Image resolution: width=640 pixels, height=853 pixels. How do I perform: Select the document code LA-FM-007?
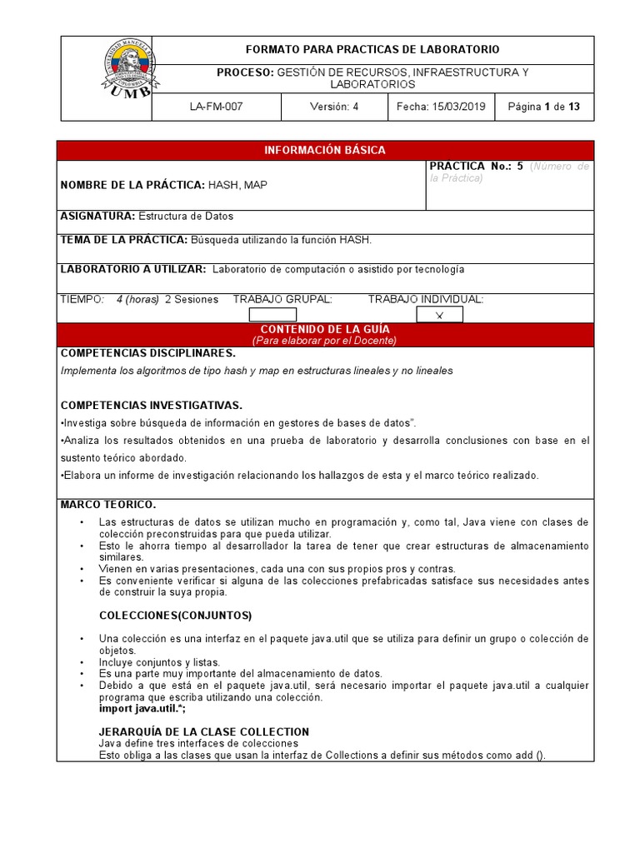click(216, 107)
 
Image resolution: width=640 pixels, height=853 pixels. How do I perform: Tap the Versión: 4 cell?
click(334, 107)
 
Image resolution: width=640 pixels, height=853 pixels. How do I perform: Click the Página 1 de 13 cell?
click(543, 107)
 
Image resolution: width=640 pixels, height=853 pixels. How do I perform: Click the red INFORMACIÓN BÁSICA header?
click(325, 151)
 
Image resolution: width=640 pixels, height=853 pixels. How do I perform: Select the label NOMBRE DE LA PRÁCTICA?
click(132, 185)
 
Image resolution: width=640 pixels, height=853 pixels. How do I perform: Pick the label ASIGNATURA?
click(97, 216)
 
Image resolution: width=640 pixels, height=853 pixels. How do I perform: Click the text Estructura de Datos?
click(186, 216)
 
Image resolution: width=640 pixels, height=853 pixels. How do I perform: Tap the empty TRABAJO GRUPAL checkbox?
click(272, 314)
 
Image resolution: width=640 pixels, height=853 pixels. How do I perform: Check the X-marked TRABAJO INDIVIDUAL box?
click(439, 314)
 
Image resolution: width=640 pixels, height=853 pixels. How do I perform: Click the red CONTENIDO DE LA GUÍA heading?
click(325, 331)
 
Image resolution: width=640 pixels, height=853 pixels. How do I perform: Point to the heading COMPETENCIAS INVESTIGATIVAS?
click(151, 406)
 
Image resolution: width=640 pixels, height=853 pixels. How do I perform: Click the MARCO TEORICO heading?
click(108, 505)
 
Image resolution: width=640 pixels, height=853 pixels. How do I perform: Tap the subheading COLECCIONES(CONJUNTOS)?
click(175, 616)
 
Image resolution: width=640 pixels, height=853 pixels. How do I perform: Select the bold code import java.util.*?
click(142, 708)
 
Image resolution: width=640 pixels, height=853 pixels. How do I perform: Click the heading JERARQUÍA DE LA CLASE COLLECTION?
click(204, 731)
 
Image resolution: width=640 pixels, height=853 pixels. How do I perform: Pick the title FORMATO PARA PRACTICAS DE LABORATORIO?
click(371, 50)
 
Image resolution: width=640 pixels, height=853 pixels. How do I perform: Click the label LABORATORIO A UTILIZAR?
click(133, 269)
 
